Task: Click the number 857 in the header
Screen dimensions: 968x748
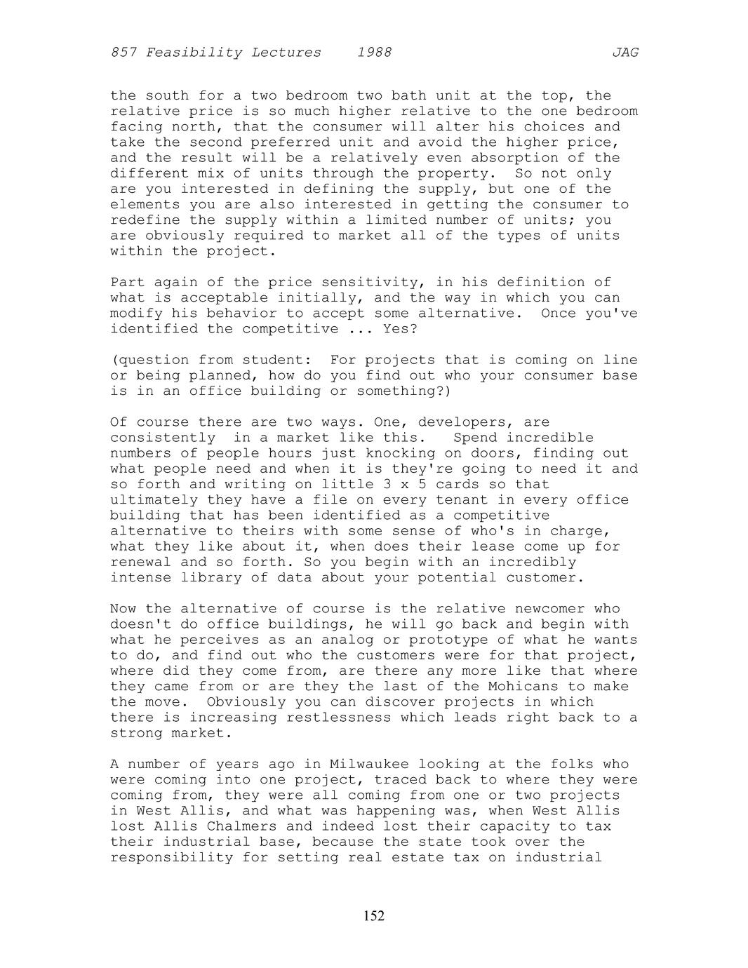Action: coord(123,53)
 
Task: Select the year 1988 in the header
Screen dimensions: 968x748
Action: coord(374,53)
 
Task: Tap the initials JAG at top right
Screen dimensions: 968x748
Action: coord(625,53)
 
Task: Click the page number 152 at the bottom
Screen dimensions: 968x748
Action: coord(374,916)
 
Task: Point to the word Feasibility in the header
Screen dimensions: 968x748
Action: coord(189,53)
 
